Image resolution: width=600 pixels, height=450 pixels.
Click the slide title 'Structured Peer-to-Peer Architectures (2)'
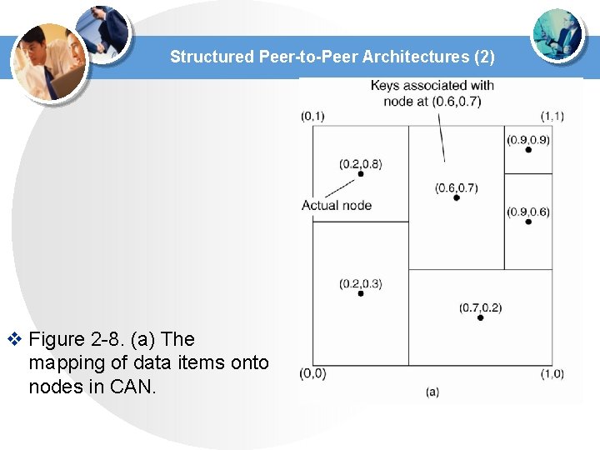click(x=332, y=57)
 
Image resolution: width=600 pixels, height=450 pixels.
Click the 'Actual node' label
click(x=336, y=206)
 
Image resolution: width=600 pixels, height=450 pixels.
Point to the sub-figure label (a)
click(x=432, y=391)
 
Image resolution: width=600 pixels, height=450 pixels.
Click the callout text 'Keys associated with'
click(x=432, y=86)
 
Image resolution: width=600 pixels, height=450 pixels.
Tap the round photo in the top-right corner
click(x=557, y=34)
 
